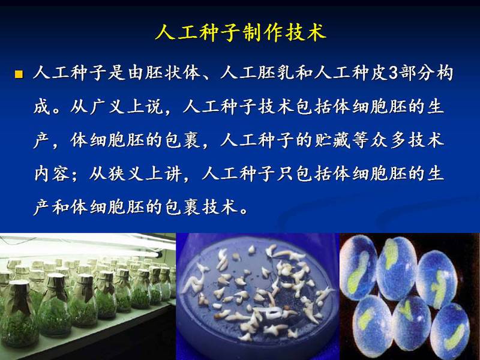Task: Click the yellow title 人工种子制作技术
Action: tap(241, 32)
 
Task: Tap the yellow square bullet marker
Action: tap(19, 74)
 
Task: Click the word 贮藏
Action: tap(332, 140)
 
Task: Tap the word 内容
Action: tap(52, 173)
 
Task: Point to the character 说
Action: tap(154, 107)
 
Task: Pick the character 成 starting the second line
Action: tap(42, 107)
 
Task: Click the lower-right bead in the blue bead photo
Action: tap(450, 330)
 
